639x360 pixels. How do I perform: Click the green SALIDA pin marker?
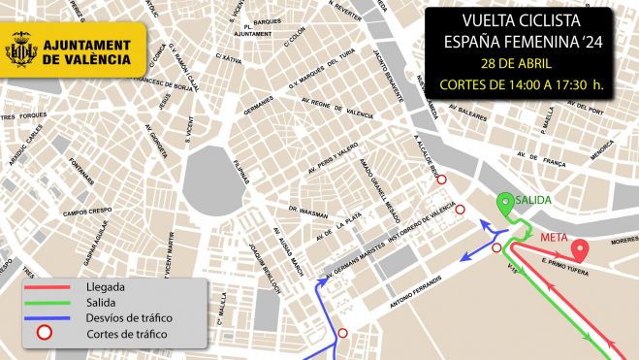505,204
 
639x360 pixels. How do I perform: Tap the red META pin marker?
579,249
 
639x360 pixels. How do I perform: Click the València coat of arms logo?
23,49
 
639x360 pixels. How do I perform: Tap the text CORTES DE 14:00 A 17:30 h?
523,84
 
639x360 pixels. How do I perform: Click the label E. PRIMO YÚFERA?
557,259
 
